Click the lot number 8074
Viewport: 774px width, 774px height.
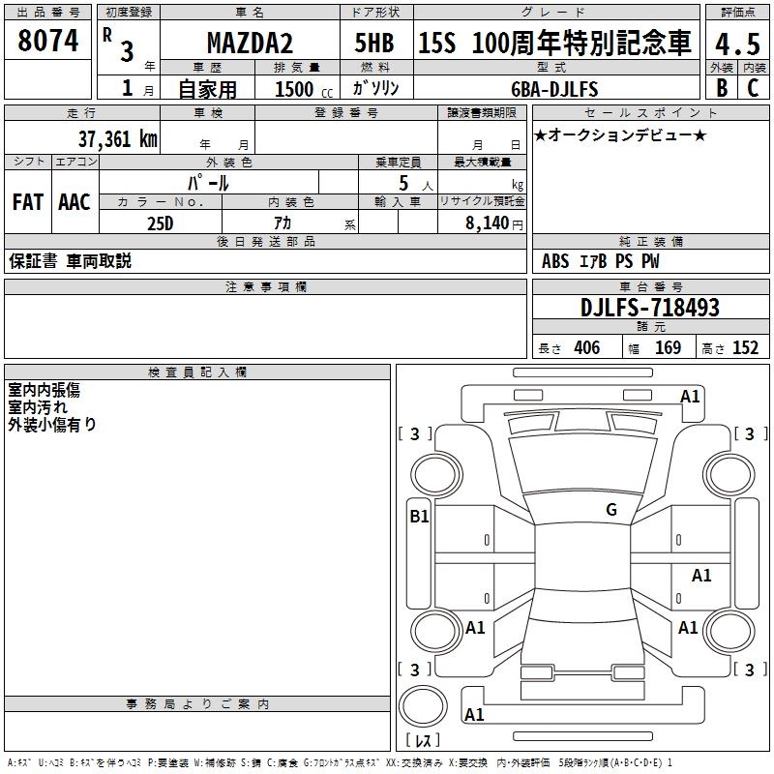47,41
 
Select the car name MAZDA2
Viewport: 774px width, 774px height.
250,43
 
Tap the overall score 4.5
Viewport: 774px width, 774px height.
737,44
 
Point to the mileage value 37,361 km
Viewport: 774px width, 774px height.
117,139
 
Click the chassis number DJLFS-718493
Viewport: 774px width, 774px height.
650,308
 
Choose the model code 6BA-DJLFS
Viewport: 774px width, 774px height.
554,89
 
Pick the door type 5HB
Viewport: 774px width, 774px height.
374,43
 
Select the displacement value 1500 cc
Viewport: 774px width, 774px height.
304,89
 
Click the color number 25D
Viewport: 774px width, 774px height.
161,223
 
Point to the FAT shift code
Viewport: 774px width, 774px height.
28,202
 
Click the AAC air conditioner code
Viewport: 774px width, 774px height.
74,202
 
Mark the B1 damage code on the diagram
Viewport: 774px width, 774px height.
419,517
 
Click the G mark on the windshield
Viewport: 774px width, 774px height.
611,510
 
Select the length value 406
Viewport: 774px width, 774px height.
587,348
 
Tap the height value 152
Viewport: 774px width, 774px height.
745,348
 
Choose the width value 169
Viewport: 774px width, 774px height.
668,348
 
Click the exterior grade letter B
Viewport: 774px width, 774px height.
722,88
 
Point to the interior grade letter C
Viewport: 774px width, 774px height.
753,88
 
